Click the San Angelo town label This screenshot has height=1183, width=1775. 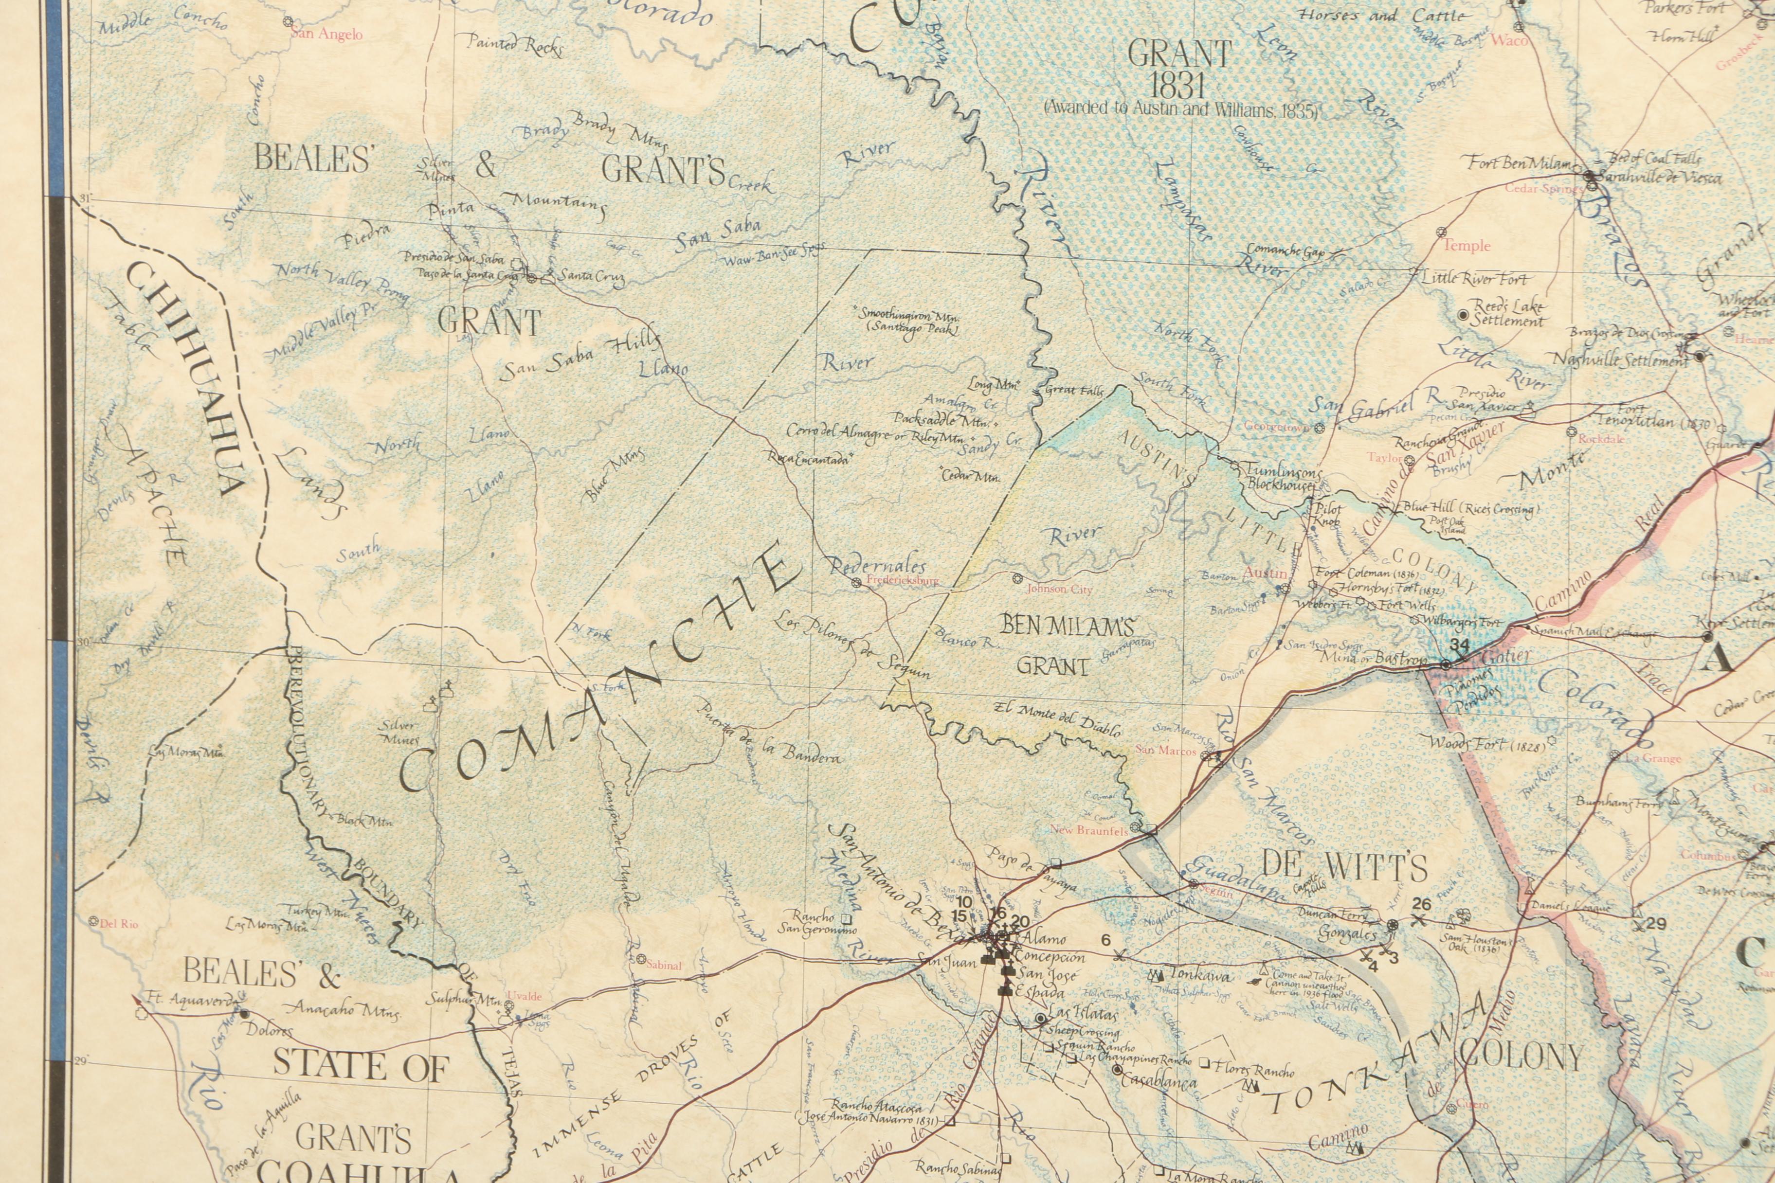click(x=327, y=35)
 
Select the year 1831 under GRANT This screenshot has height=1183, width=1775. click(x=1177, y=85)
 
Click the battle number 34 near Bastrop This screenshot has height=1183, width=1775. click(x=1460, y=646)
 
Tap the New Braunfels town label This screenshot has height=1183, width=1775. click(x=1089, y=830)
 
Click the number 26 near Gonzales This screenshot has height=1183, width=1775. click(x=1422, y=904)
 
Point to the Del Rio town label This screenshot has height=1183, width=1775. click(x=119, y=923)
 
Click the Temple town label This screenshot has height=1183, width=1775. click(x=1467, y=246)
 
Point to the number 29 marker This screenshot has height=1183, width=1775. click(x=1656, y=923)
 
